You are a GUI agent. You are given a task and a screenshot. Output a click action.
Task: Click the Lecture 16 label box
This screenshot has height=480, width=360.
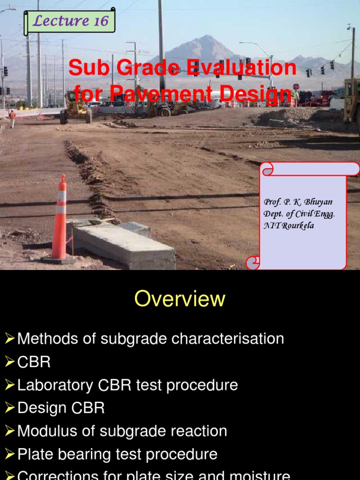68,21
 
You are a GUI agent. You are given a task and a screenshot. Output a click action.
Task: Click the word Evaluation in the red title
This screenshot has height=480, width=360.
242,68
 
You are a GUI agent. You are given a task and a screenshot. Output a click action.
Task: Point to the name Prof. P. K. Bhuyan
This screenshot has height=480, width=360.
298,202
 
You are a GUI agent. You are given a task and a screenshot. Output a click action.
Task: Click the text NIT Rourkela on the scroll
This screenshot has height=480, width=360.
289,225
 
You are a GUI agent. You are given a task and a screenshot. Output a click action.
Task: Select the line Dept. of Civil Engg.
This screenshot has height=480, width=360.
299,214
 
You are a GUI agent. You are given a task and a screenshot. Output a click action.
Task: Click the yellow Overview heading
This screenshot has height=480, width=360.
180,299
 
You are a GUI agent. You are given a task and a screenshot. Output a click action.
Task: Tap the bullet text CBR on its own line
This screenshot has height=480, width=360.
34,362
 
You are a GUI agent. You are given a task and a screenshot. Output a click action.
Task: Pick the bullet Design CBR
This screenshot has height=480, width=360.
61,408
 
